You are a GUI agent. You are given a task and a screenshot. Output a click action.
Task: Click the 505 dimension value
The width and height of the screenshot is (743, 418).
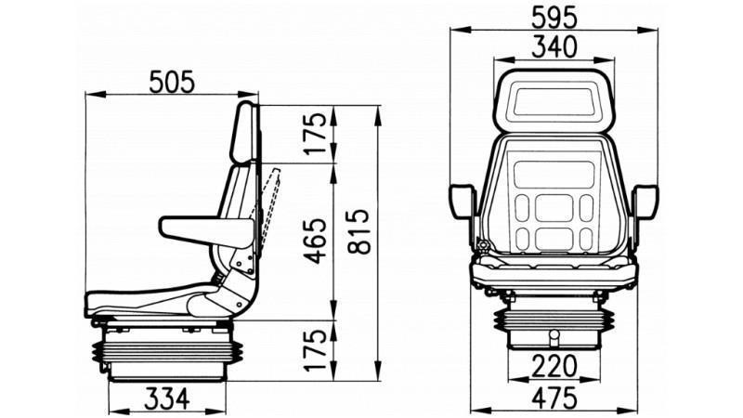click(x=172, y=82)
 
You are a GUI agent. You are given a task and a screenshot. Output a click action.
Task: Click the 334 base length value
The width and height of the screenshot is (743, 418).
click(x=167, y=398)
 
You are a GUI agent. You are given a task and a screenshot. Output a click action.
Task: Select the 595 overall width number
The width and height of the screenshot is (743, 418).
click(x=554, y=17)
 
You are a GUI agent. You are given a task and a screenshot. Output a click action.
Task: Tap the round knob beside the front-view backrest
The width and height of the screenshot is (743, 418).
click(x=482, y=246)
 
